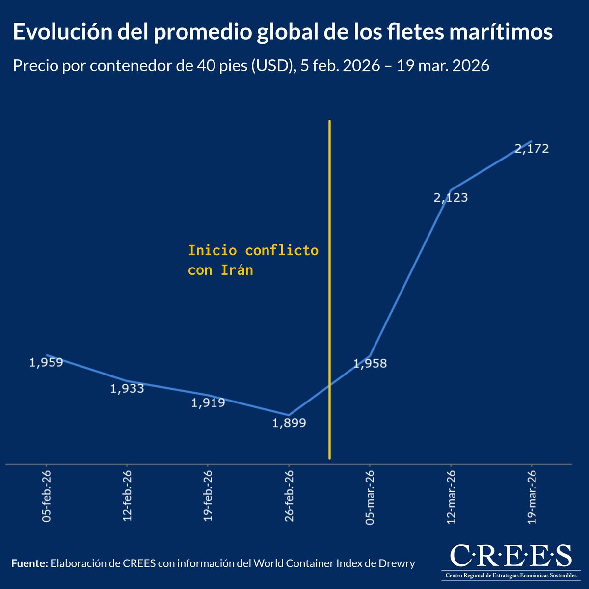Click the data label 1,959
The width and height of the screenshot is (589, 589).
[x=46, y=363]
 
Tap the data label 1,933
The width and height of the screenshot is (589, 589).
[x=127, y=389]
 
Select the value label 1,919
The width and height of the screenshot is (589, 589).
[x=208, y=403]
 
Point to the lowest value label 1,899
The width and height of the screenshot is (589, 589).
[x=289, y=423]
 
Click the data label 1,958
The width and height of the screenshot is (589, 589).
[x=370, y=363]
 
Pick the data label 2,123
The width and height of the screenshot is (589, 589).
[x=451, y=198]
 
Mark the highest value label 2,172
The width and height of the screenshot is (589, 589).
[x=532, y=149]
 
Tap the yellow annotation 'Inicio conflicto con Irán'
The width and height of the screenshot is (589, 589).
[x=253, y=260]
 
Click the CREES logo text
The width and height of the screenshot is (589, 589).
[x=510, y=556]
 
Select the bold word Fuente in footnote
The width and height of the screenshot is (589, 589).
[x=29, y=563]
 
